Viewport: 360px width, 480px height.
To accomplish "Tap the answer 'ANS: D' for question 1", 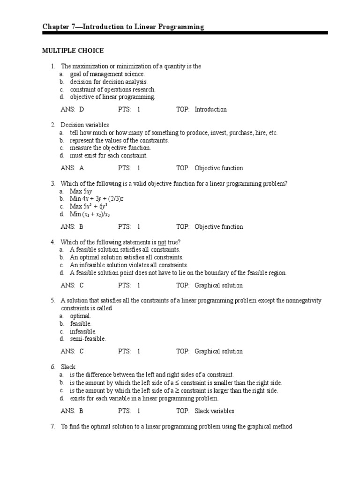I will point(72,109).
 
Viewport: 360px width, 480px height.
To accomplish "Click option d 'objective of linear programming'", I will point(112,97).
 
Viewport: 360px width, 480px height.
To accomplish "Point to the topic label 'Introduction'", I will point(210,109).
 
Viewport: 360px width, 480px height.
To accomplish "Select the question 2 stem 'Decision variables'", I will point(84,125).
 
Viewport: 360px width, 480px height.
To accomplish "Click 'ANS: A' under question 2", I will point(72,168).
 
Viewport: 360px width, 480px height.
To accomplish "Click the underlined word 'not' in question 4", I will point(162,242).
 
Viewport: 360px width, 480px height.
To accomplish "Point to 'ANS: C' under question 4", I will point(72,285).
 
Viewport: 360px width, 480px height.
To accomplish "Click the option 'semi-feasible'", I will point(88,338).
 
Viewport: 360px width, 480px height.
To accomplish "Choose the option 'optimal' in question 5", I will point(80,316).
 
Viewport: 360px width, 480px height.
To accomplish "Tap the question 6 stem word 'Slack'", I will point(68,367).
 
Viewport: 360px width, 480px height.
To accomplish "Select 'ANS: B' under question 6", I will point(72,411).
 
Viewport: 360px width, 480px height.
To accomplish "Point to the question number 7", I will point(53,427).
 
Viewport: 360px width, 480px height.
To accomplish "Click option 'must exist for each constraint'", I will point(108,156).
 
